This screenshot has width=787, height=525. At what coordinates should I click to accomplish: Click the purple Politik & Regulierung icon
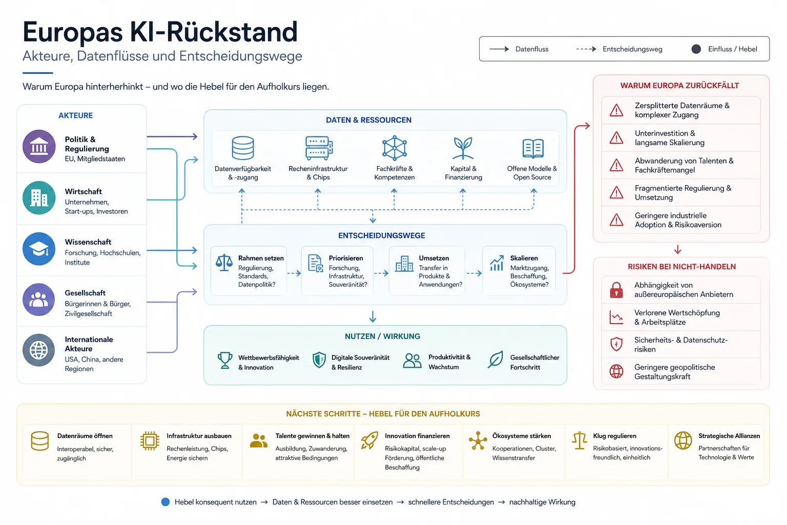tap(39, 146)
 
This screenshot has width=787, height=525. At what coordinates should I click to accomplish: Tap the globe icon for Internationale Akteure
tap(38, 350)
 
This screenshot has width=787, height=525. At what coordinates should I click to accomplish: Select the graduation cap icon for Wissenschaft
tap(39, 249)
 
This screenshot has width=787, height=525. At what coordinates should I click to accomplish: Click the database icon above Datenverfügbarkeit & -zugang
tap(243, 148)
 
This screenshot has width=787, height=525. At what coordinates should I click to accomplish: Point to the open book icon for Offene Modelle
tap(533, 148)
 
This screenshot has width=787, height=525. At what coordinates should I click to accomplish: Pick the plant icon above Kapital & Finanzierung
tap(463, 148)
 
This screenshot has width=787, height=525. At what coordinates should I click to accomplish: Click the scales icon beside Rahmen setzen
tap(224, 262)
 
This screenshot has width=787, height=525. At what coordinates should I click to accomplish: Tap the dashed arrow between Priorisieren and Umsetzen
tap(381, 273)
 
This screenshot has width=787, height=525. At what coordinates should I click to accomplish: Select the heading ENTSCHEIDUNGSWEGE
tap(382, 236)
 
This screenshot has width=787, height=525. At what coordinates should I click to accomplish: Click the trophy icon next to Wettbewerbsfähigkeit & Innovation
tap(225, 360)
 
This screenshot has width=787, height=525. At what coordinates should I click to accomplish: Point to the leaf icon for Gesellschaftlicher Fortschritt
tap(496, 359)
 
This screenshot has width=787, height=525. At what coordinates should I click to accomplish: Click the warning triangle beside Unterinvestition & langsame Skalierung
tap(616, 137)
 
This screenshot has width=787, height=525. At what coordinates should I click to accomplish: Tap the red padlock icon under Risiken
tap(616, 290)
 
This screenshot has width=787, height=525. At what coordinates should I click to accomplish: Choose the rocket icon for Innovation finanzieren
tap(369, 440)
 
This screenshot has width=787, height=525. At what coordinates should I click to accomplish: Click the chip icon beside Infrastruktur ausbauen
tap(150, 440)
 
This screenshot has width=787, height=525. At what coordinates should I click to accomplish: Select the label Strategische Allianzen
tap(729, 436)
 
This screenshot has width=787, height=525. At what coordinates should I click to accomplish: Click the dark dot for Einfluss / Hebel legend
tap(696, 49)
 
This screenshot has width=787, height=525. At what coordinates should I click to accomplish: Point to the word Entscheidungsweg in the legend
tap(632, 49)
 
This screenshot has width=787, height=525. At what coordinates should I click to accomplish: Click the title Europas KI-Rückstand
tap(160, 32)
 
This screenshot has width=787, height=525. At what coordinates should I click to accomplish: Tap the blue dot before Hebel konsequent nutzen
tap(165, 502)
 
